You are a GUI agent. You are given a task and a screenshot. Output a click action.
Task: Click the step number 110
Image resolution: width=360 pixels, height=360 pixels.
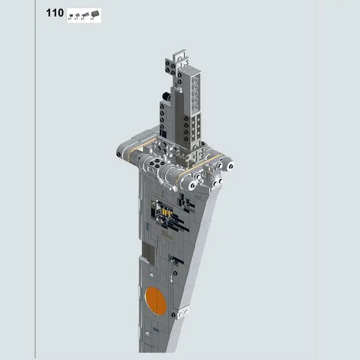click(x=55, y=13)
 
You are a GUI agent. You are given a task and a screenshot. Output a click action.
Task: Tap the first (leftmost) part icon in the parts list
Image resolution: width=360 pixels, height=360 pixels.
click(x=71, y=14)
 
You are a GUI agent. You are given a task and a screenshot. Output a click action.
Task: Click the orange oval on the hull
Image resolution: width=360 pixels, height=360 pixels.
click(x=155, y=301)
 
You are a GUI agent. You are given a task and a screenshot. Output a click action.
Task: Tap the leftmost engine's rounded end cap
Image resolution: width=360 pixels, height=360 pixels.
click(x=122, y=152)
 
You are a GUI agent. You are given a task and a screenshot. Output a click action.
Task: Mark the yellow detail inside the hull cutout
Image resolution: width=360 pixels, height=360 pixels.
click(x=165, y=213)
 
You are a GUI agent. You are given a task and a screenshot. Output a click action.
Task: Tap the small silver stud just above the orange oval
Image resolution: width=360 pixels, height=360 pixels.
click(x=152, y=275)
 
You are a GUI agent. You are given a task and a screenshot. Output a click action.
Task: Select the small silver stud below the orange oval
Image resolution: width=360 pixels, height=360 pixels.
click(x=148, y=333)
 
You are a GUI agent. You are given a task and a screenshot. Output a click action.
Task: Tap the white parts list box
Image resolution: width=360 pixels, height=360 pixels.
click(x=84, y=15)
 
